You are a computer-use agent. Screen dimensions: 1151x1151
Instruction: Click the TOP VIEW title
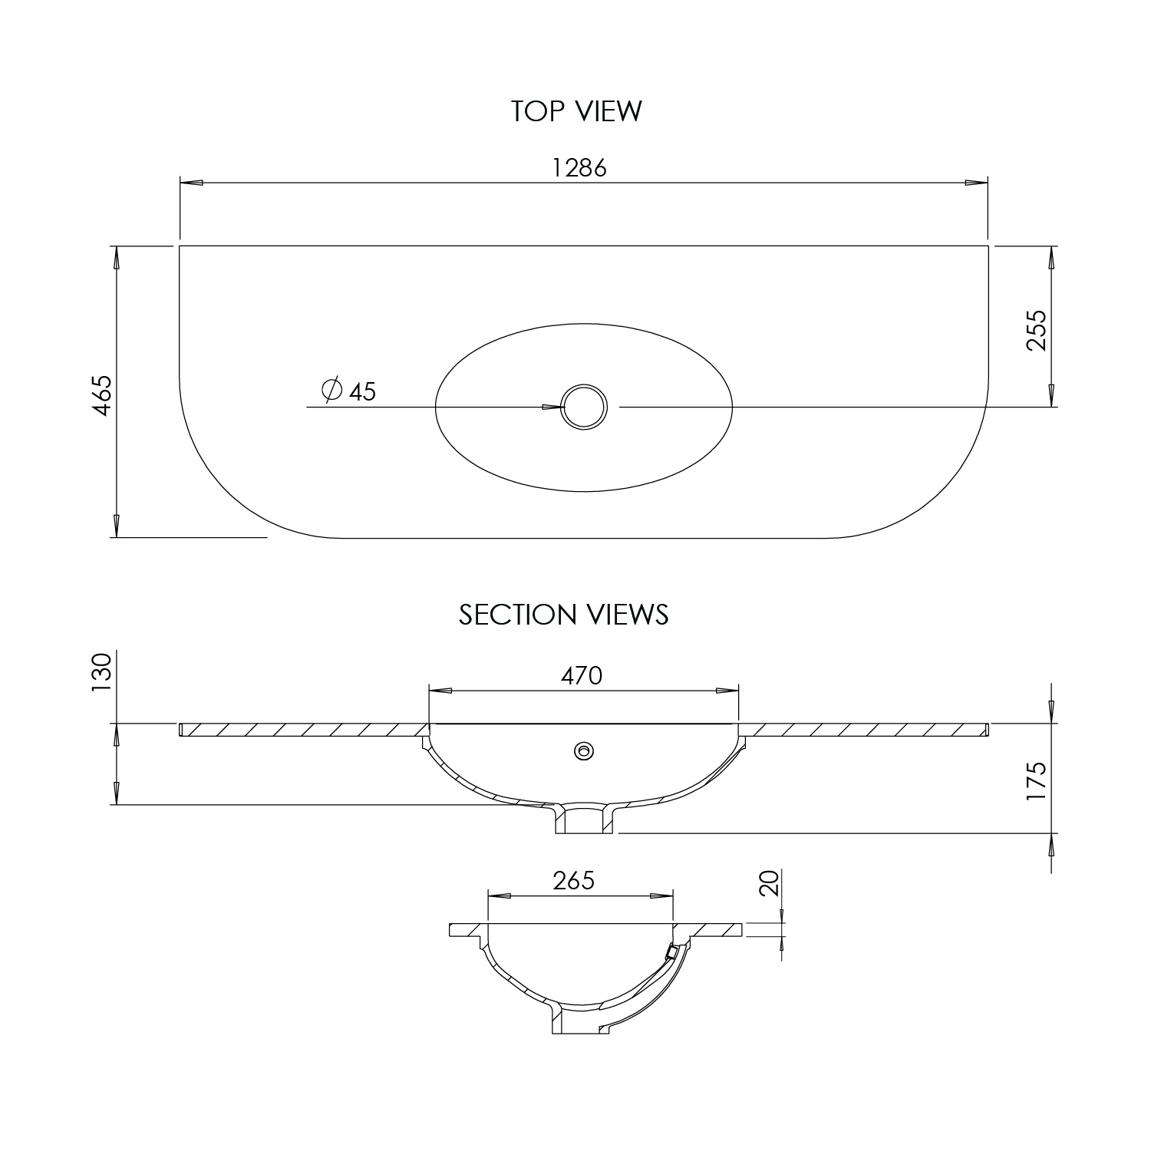(x=576, y=111)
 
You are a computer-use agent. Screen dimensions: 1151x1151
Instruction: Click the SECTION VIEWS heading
(x=563, y=615)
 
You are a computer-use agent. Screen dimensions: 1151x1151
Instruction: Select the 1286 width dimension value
(x=580, y=168)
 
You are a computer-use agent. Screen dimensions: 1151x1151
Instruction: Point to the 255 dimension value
(x=1036, y=330)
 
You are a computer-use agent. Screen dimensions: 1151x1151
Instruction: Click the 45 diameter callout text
(x=362, y=392)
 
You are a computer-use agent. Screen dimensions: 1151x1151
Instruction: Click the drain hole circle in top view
(x=585, y=407)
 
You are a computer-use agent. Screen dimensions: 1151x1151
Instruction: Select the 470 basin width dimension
(x=581, y=675)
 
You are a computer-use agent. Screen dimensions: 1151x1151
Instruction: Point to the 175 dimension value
(x=1036, y=781)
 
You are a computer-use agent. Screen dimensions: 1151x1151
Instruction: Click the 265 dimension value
(x=574, y=880)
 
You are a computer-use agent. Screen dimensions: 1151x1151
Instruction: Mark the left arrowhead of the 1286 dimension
(x=191, y=183)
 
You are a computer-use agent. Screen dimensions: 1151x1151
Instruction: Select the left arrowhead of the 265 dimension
(x=500, y=895)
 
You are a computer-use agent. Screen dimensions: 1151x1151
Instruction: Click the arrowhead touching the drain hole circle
(x=552, y=407)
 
